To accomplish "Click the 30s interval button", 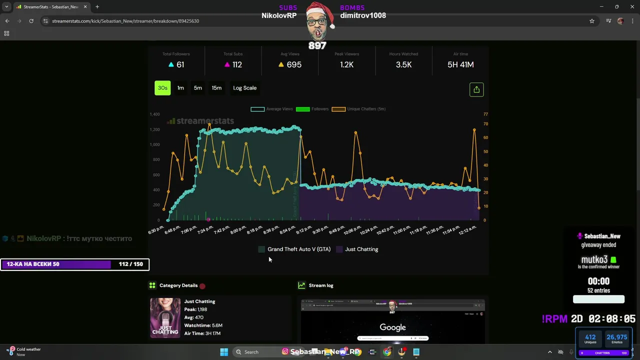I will (162, 88).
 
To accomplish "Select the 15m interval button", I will (216, 88).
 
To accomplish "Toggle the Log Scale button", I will (244, 88).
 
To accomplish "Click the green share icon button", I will (476, 89).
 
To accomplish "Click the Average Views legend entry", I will (272, 109).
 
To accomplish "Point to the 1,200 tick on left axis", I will (154, 129).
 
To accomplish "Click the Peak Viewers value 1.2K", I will (347, 64).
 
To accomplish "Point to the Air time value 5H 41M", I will (460, 64).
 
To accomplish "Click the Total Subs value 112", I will (237, 64).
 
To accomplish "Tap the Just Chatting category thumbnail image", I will (165, 318).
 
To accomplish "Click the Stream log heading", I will (321, 285).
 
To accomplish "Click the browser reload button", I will (31, 21).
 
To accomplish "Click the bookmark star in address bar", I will (592, 21).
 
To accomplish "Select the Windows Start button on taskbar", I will (224, 351).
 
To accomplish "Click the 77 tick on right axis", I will (485, 114).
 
